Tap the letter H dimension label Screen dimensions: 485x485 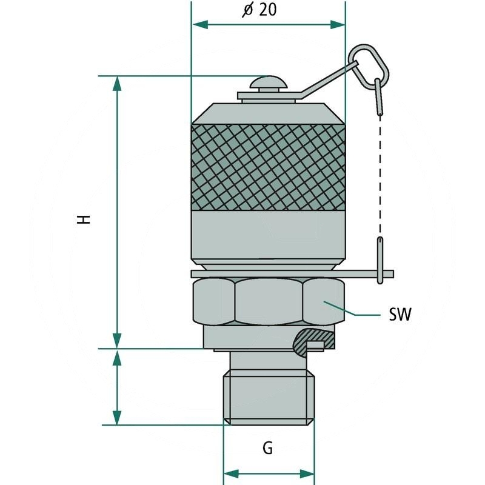coord(85,219)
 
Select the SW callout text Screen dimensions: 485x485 coord(400,315)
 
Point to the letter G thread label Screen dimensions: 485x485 coord(267,449)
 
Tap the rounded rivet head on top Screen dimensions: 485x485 coord(267,83)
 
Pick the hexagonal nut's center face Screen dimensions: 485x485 coord(267,301)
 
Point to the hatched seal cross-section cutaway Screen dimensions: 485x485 coord(312,339)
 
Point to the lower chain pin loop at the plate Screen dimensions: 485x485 coord(380,261)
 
